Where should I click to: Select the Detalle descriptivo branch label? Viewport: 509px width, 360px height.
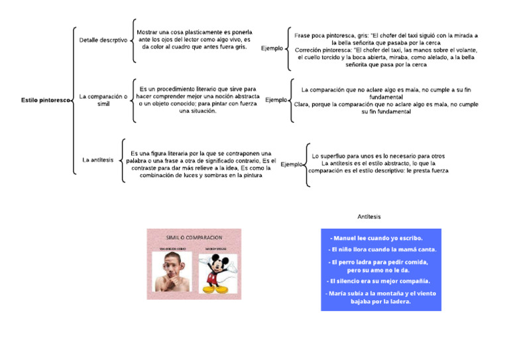click(x=103, y=40)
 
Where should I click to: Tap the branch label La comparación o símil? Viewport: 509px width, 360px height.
click(x=103, y=100)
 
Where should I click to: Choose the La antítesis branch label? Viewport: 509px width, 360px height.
click(x=97, y=160)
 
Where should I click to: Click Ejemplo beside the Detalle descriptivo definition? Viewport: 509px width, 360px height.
click(x=272, y=48)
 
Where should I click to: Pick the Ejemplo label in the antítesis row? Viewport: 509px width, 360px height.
click(x=292, y=164)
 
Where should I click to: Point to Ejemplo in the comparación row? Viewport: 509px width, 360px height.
click(x=276, y=100)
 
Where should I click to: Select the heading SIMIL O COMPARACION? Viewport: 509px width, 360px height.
click(x=194, y=237)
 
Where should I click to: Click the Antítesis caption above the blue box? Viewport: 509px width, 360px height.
click(x=369, y=217)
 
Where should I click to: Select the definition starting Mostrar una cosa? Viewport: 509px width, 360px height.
click(x=194, y=40)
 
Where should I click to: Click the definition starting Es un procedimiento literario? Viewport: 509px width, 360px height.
click(x=198, y=99)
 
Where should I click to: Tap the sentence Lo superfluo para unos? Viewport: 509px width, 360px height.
click(x=378, y=156)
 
